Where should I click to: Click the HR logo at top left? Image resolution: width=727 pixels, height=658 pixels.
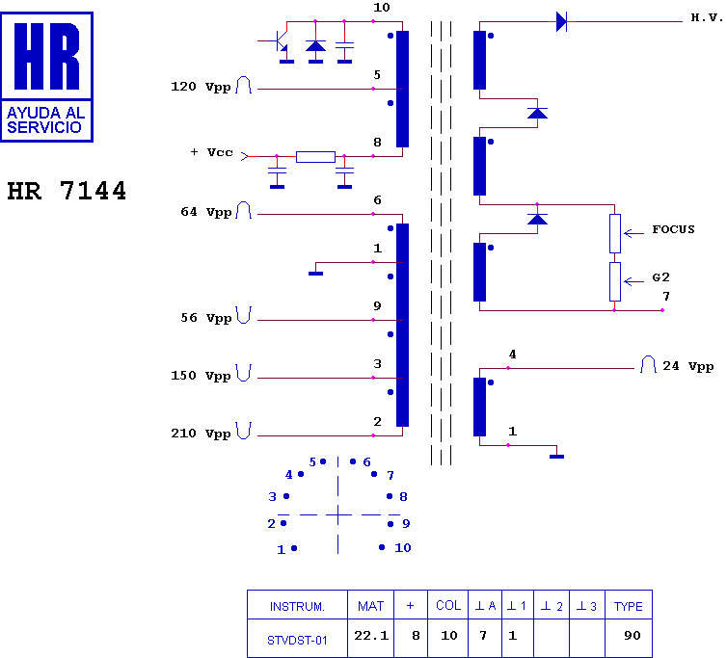tap(47, 76)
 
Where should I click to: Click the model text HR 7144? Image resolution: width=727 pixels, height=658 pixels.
tap(67, 191)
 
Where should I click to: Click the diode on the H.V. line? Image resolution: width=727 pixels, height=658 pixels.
tap(561, 22)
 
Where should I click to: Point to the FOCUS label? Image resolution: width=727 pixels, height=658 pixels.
tap(673, 230)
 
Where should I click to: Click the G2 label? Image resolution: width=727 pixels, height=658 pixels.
tap(660, 277)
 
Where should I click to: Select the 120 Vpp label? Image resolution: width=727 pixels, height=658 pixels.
tap(201, 88)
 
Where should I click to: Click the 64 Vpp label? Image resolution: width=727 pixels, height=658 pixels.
tap(205, 212)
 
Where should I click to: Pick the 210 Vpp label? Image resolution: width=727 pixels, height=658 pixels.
tap(201, 434)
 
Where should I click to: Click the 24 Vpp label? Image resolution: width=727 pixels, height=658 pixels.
tap(687, 367)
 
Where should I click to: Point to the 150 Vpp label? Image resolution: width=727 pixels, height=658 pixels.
tap(201, 376)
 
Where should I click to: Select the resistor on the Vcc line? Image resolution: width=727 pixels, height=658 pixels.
tap(315, 157)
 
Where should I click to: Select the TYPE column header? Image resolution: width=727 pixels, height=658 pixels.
tap(629, 606)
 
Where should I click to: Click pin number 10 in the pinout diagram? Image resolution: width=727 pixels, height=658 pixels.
tap(402, 548)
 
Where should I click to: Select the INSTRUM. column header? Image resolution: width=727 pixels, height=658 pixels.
tap(297, 606)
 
